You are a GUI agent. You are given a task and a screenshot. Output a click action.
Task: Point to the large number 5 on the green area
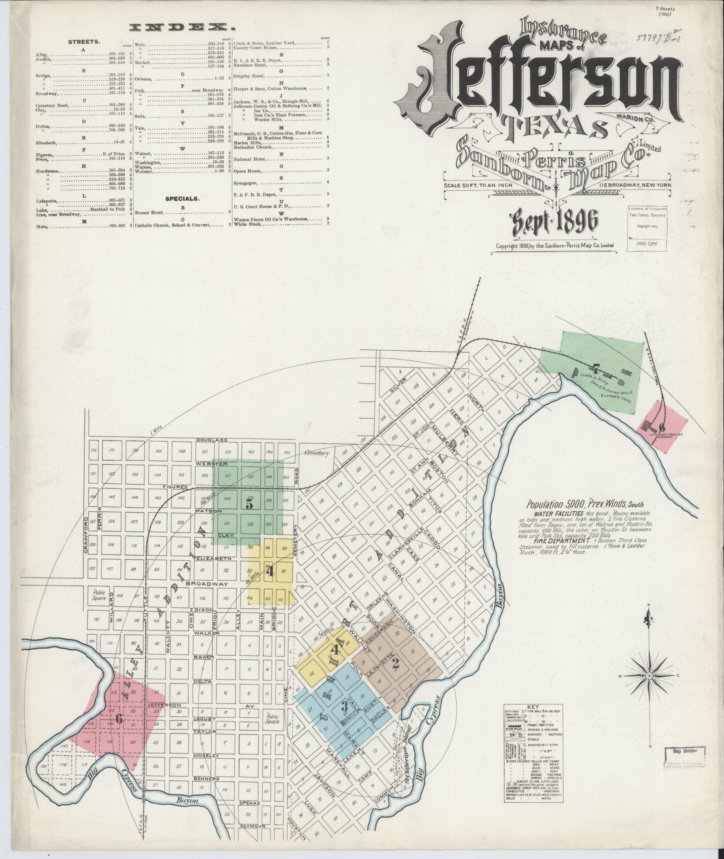point(249,505)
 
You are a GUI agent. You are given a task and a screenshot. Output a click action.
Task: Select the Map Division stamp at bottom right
point(685,750)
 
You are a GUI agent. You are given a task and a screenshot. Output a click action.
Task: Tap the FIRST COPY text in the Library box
point(647,244)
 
